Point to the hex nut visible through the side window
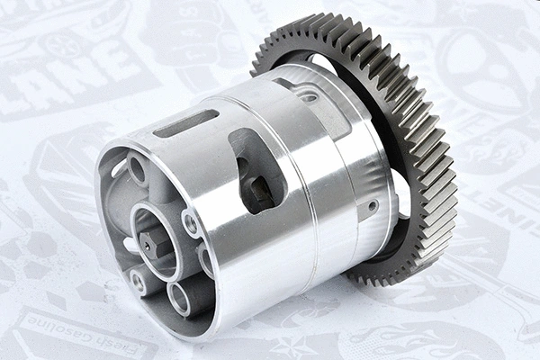coord(260,190)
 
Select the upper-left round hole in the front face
coord(138,168)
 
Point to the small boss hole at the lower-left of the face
coord(139,281)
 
